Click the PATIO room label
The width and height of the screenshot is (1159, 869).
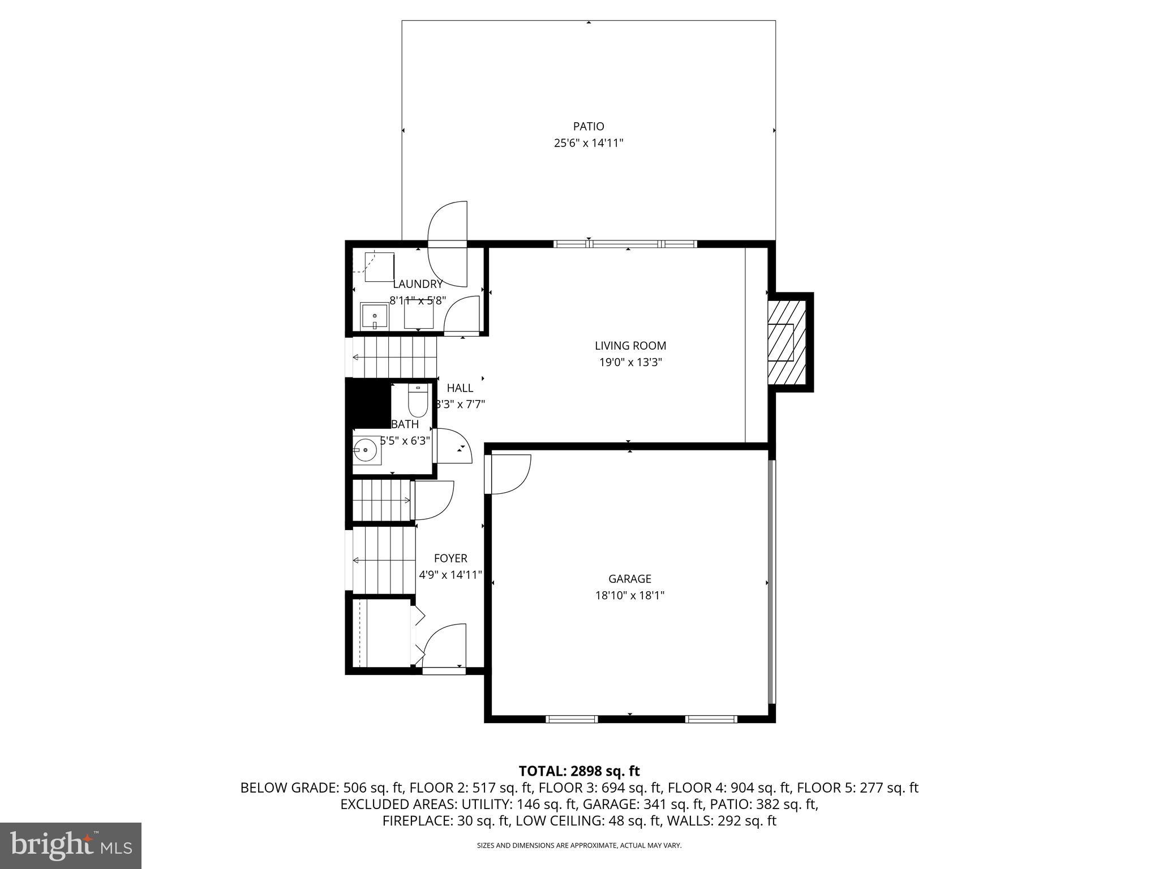click(x=588, y=126)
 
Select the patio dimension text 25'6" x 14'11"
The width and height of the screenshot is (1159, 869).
click(x=588, y=143)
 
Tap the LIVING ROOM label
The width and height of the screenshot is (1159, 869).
click(x=630, y=345)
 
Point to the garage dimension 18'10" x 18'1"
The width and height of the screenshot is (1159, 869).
click(x=629, y=595)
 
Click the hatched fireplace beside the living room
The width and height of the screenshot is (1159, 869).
click(x=787, y=342)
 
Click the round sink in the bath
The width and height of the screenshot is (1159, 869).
click(x=366, y=451)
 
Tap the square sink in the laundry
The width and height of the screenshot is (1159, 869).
click(x=374, y=316)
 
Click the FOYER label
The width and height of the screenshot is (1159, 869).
click(x=450, y=558)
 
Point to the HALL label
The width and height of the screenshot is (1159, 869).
click(x=460, y=388)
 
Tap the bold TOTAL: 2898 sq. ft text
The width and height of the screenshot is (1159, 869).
click(x=579, y=771)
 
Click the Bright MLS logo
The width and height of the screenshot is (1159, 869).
click(x=71, y=845)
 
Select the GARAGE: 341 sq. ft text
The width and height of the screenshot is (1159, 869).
click(x=643, y=804)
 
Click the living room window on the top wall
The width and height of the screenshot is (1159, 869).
click(x=625, y=244)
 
